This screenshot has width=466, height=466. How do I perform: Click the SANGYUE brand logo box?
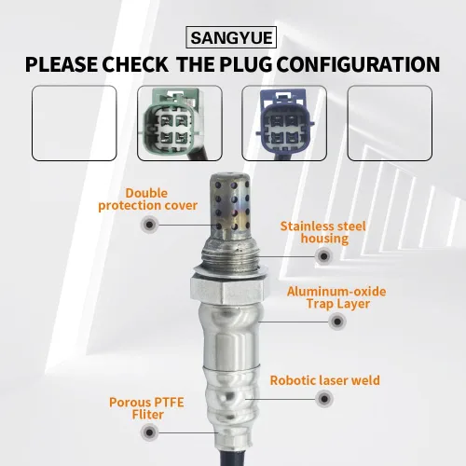(231, 37)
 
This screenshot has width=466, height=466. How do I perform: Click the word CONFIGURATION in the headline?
(358, 64)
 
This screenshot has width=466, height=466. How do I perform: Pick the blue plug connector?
(284, 122)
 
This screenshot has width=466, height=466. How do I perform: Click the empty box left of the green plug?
(75, 123)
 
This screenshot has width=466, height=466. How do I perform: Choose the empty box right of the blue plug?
(390, 123)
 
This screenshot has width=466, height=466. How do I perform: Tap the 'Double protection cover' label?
(147, 199)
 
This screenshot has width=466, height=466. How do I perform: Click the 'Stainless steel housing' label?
(323, 232)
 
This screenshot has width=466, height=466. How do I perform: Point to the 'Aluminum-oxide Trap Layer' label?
(336, 297)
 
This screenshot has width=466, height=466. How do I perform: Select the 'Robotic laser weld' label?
(325, 380)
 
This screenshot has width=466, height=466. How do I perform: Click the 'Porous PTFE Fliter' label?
(146, 408)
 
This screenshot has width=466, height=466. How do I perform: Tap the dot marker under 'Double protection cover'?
(149, 225)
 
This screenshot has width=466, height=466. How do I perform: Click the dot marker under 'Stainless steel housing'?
(323, 256)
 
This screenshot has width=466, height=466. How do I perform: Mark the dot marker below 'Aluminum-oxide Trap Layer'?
(337, 321)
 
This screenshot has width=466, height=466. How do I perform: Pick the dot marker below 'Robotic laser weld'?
(324, 399)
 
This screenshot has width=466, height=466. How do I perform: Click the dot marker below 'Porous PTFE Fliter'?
(149, 432)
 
